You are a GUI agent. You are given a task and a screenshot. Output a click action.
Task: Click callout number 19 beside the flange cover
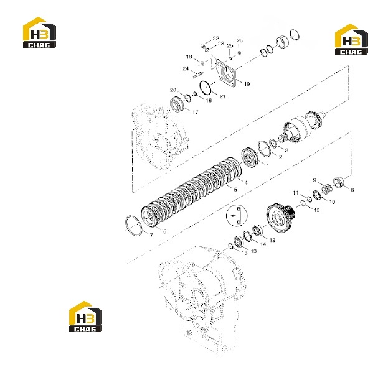pos(247,84)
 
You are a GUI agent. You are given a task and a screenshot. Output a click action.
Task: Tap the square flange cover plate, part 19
pos(225,73)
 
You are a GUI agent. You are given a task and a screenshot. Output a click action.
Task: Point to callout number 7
pos(151,235)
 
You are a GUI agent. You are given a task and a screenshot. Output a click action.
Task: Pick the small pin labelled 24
pos(198,75)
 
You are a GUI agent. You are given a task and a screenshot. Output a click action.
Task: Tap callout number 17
pos(196,112)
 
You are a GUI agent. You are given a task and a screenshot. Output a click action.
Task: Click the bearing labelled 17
pos(177,104)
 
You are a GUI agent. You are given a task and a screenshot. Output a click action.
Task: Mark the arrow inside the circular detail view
pos(233,216)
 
